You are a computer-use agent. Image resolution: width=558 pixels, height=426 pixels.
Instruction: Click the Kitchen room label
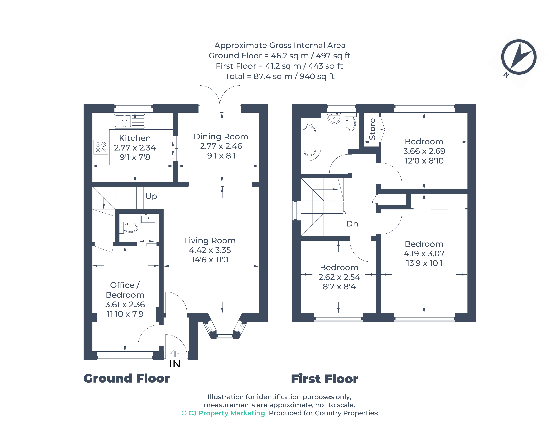135,138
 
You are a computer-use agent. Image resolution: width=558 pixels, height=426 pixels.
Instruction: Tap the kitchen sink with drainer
129,121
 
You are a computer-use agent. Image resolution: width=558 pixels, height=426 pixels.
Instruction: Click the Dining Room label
221,137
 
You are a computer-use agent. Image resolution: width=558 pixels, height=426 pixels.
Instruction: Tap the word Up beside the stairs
151,196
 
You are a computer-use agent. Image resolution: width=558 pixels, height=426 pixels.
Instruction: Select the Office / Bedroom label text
125,290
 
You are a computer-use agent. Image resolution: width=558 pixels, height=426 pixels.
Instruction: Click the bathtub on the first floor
309,141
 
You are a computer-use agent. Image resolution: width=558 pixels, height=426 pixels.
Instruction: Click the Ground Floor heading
126,378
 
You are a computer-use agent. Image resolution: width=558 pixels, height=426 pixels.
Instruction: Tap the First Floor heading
324,379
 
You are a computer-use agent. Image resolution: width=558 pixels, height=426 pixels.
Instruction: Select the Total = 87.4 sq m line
279,76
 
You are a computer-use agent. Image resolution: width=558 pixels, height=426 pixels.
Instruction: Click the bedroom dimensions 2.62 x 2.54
339,277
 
